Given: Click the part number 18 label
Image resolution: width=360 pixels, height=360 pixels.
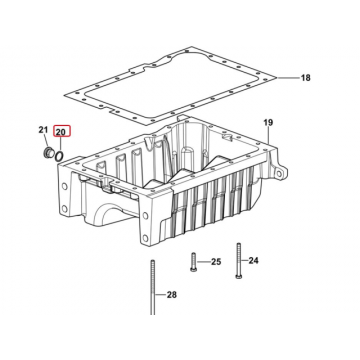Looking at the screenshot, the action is (306, 78).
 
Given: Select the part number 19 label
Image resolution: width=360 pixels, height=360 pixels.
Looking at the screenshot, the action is (268, 123).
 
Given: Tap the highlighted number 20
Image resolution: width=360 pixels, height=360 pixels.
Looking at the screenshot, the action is (62, 132).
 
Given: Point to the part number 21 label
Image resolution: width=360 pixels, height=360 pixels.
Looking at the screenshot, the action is (43, 130).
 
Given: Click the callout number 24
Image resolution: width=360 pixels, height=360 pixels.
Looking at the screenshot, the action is (253, 260).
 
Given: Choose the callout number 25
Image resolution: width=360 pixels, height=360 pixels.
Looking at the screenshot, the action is (216, 262).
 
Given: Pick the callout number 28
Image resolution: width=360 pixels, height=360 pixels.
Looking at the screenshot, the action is (172, 295).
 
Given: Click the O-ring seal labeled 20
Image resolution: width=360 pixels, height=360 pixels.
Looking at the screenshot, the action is (59, 156).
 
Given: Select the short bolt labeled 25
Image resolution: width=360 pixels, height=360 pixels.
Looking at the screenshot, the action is (193, 262).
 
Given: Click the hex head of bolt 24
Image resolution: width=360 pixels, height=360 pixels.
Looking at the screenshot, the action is (238, 275).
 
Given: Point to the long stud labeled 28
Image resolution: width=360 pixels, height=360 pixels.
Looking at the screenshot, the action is (153, 287).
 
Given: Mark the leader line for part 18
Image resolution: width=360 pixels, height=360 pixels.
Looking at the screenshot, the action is (288, 78).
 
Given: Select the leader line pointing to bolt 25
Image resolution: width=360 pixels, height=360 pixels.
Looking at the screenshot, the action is (203, 262).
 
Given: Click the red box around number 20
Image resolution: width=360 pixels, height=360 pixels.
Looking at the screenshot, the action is (62, 132).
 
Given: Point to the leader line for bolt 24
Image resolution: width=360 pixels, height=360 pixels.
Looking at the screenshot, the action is (244, 260).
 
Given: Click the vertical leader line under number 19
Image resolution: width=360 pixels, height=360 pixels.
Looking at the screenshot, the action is (268, 136).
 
